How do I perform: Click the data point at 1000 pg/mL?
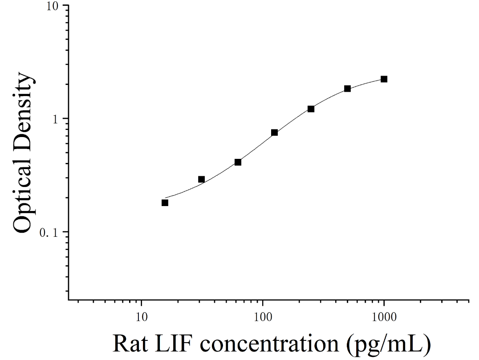pos(384,79)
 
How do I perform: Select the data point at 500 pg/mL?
pos(347,89)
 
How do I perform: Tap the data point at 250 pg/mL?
pos(311,109)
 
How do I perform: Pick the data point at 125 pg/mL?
pos(274,133)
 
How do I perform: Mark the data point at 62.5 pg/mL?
pos(238,162)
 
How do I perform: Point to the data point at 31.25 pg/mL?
pos(201,179)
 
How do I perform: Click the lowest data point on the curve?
pos(165,203)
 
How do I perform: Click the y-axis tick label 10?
pos(52,6)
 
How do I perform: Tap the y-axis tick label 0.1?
pos(49,233)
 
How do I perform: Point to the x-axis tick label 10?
pos(141,317)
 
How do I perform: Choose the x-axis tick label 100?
pos(263,317)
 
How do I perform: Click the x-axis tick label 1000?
pos(384,317)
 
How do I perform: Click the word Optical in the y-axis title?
pos(23,194)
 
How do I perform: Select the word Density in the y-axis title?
pos(23,111)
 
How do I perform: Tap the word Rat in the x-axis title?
pos(130,344)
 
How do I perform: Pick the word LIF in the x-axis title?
pos(173,344)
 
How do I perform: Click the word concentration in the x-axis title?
pos(269,344)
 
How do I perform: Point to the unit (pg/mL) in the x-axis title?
pos(389,344)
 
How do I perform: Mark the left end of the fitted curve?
pos(165,198)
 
